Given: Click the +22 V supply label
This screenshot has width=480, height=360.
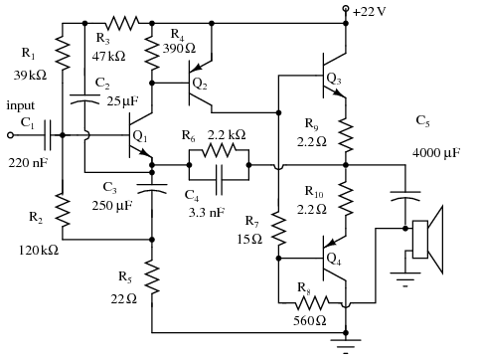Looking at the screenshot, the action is tap(369, 12).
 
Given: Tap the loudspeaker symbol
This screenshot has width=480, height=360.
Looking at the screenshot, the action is tap(427, 240).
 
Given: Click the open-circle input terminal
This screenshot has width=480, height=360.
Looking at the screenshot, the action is tap(11, 135).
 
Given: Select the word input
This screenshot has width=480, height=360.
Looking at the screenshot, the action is tap(20, 105).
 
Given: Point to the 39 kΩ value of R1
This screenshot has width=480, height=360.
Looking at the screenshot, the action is tap(30, 76).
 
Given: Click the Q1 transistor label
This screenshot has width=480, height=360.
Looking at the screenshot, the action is tap(140, 136).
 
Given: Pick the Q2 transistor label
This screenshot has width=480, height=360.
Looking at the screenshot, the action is tap(200, 84).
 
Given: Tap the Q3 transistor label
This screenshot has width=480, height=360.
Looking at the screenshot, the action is tap(334, 79).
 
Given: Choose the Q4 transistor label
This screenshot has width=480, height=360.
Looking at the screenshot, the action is tap(334, 259).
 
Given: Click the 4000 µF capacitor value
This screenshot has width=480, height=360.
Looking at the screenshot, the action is tap(436, 153).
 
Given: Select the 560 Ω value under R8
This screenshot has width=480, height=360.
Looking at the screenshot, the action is tap(310, 320).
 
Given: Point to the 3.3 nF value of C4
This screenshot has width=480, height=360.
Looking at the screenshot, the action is tap(207, 213).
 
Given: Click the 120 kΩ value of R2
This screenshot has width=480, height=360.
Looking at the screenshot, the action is tap(39, 250).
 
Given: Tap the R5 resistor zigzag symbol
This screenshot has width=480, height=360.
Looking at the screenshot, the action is tap(152, 277).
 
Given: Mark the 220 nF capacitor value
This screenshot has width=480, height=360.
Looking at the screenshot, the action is tap(29, 163).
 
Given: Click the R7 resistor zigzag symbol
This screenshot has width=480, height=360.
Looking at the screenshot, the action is tap(279, 230).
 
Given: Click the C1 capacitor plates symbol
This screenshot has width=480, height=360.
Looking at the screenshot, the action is tap(48, 135).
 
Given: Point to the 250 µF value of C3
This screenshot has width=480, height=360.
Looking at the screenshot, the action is tap(112, 206).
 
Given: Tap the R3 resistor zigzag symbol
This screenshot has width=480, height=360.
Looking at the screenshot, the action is tap(122, 23).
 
